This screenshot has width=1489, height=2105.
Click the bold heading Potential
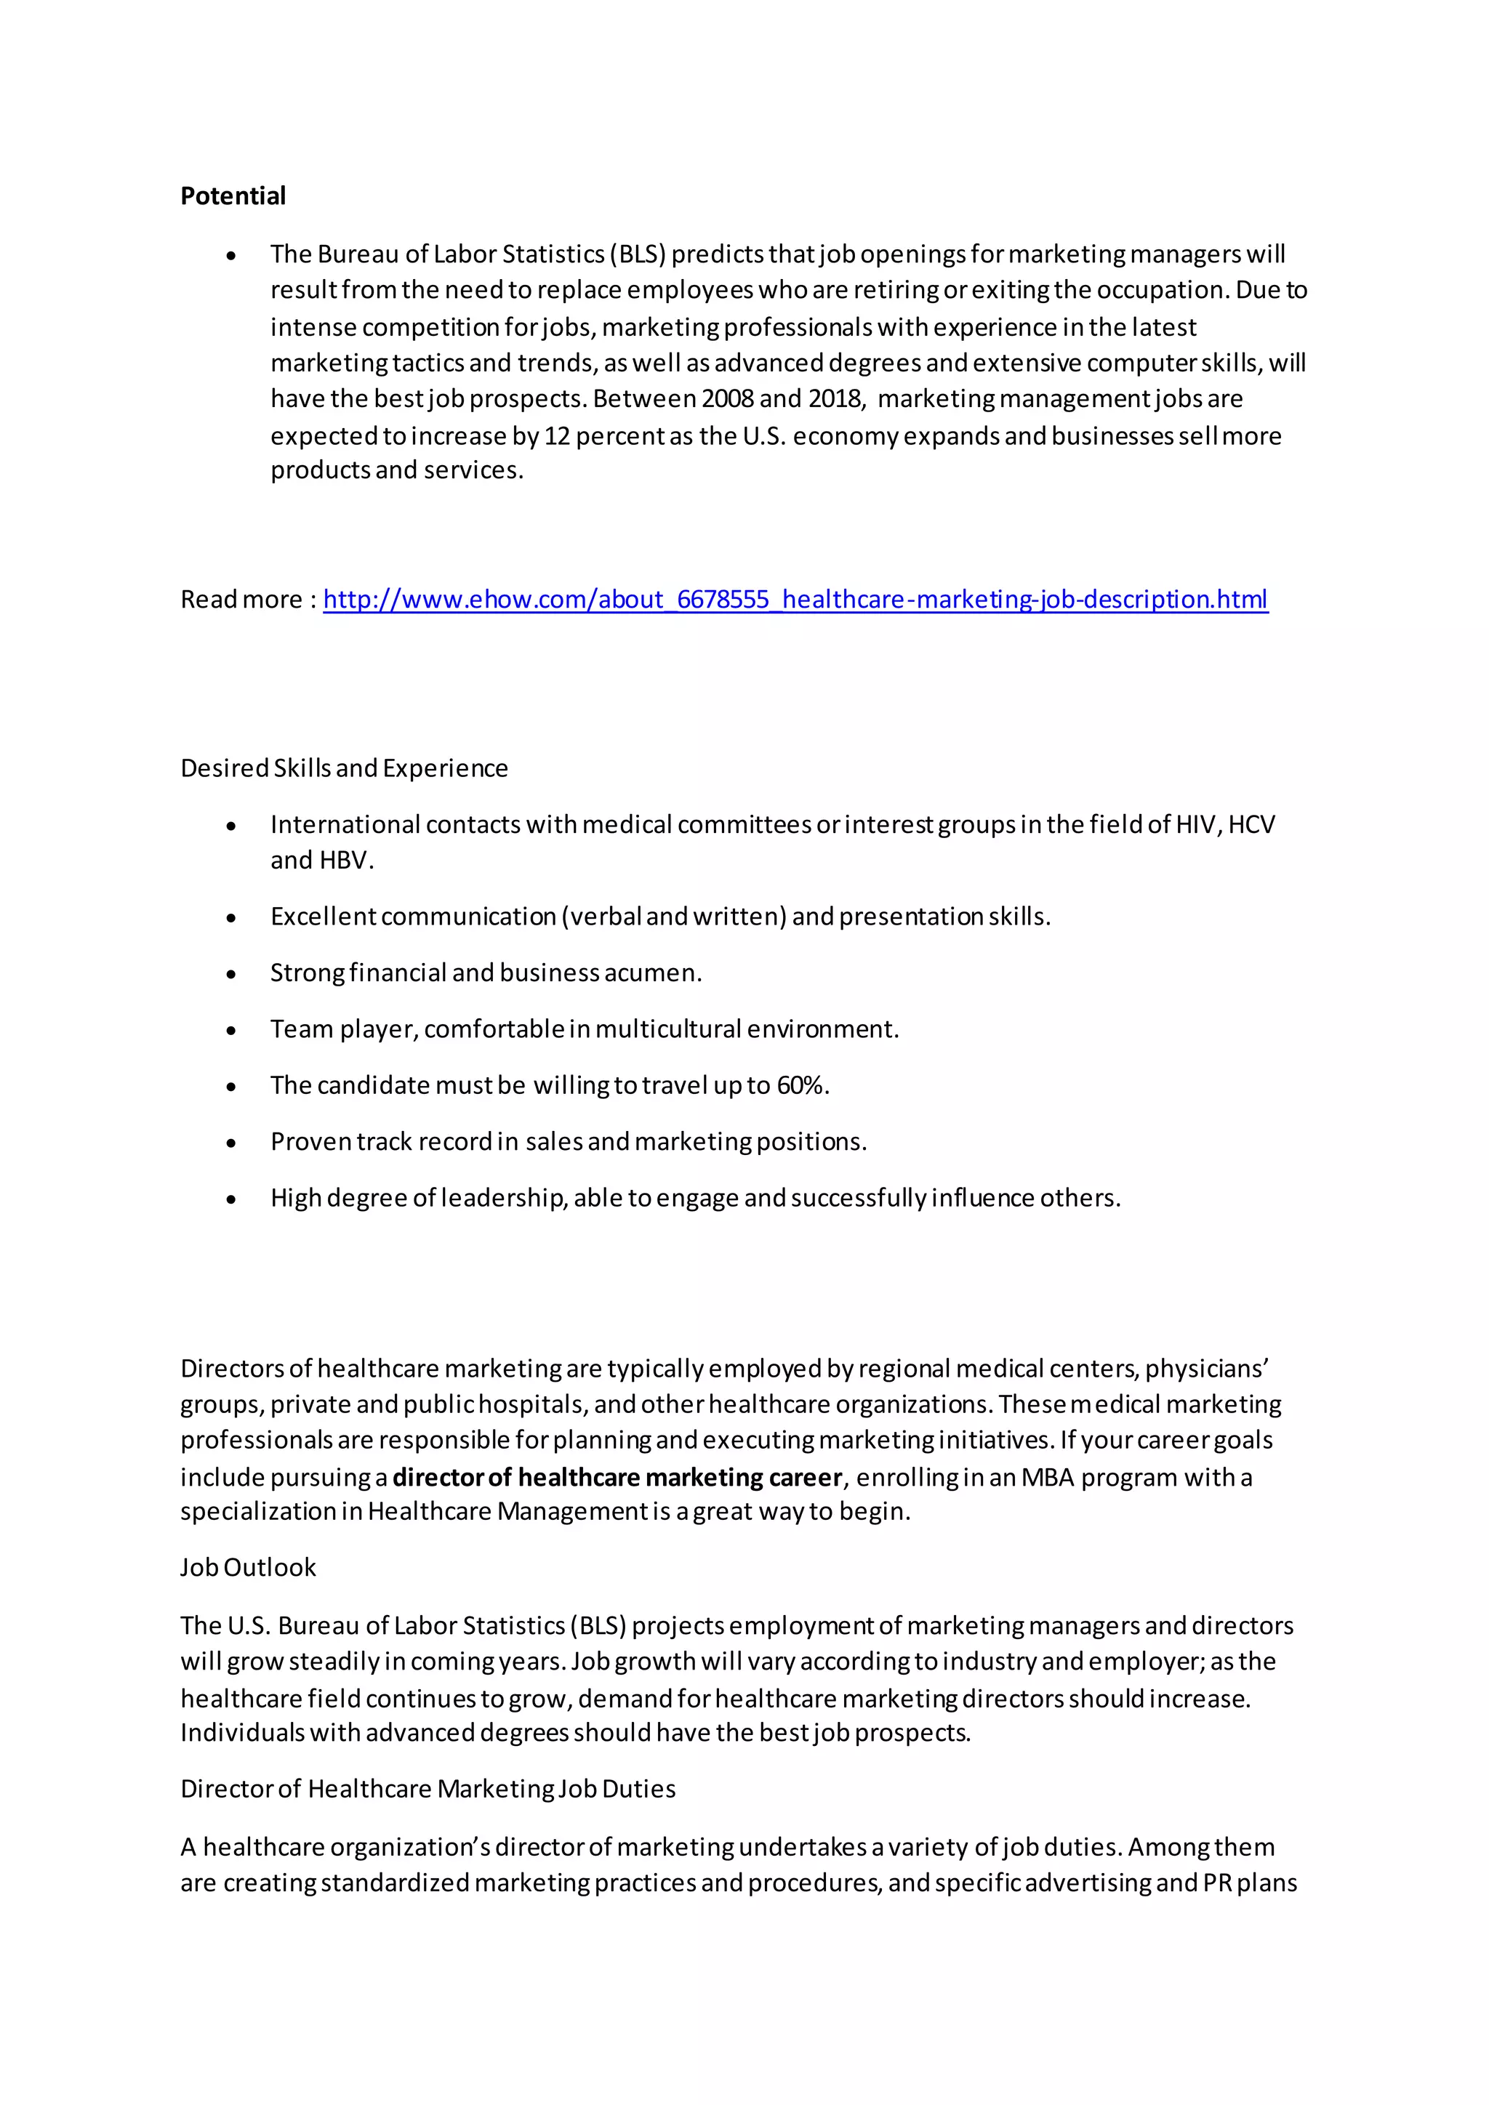233,196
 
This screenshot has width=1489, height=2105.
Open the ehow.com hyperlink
795,600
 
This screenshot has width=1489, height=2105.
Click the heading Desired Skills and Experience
344,768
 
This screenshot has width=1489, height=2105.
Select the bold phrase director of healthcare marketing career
617,1477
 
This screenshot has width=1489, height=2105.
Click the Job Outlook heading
247,1568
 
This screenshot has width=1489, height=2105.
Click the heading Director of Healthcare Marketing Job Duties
428,1789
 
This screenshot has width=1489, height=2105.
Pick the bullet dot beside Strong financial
231,975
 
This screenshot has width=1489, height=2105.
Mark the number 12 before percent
556,435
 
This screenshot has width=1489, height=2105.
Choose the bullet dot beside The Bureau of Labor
231,256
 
